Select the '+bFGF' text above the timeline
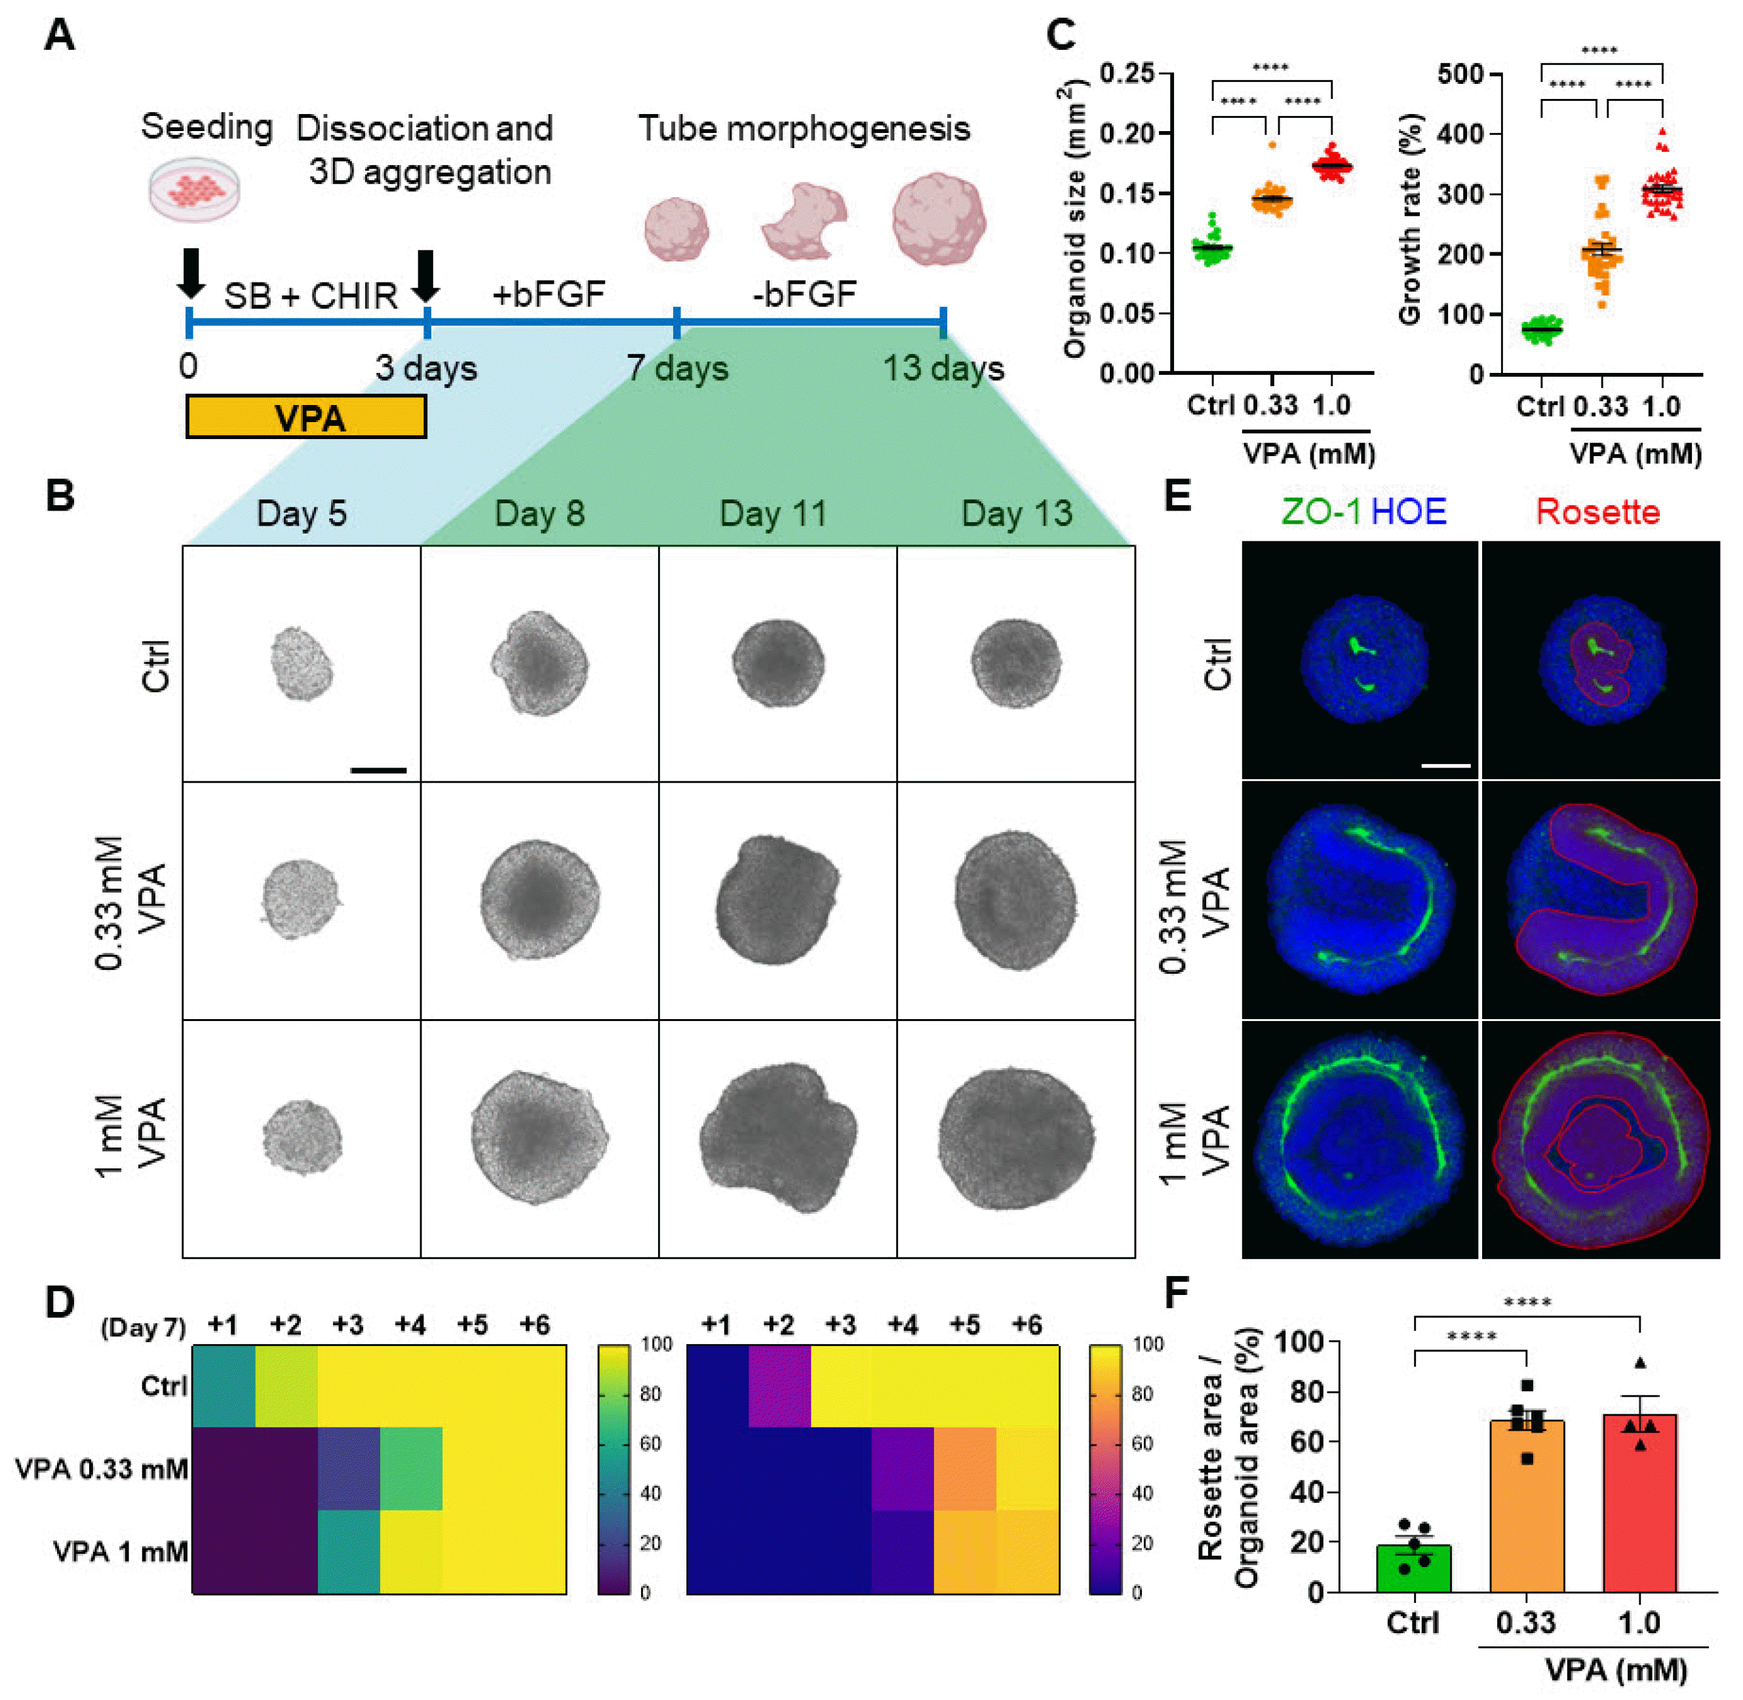(548, 294)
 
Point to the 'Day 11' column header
(774, 513)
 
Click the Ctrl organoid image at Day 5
(302, 663)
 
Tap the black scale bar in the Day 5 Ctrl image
(379, 769)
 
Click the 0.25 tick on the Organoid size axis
(1127, 73)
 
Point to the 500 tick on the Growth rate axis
(1460, 73)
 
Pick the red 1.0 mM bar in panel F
(1639, 1503)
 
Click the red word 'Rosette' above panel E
(1597, 512)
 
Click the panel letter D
(60, 1303)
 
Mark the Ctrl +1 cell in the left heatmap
(224, 1385)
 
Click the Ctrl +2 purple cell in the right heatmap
(779, 1385)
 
